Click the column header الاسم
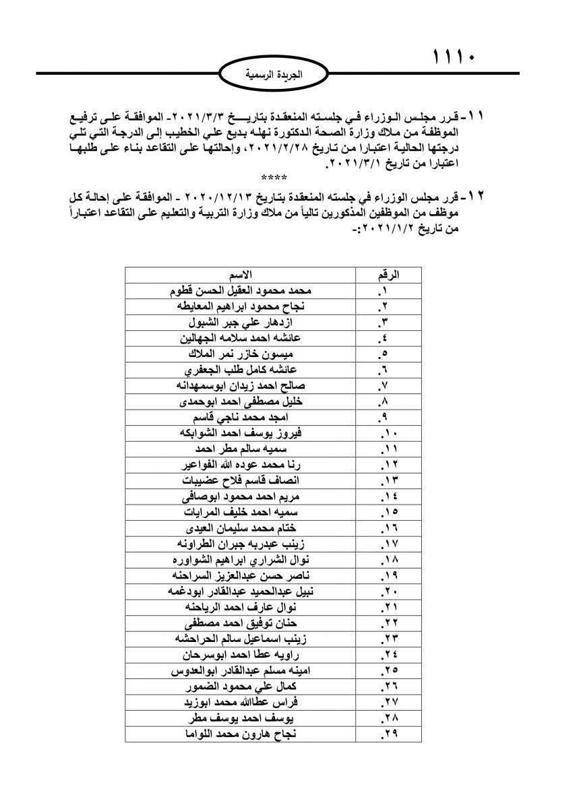(x=241, y=275)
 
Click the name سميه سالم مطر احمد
(x=241, y=449)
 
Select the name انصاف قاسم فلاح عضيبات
(x=241, y=480)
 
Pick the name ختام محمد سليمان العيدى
(x=241, y=527)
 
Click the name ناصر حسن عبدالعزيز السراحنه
(x=241, y=575)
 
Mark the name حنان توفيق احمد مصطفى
(x=241, y=622)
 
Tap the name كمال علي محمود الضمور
(x=241, y=686)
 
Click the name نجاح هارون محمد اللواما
(x=241, y=733)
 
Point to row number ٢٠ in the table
(x=389, y=591)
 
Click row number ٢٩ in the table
(x=389, y=733)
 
